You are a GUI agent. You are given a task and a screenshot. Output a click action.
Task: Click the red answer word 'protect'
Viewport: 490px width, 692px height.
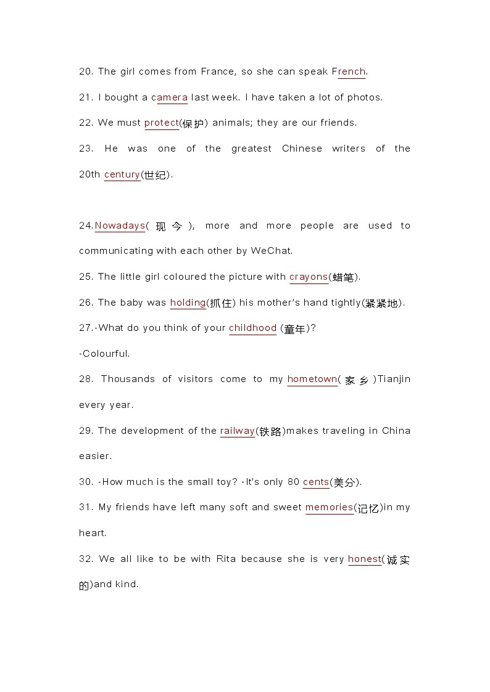(x=161, y=123)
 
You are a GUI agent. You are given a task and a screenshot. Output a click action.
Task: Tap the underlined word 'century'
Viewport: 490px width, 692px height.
(x=122, y=174)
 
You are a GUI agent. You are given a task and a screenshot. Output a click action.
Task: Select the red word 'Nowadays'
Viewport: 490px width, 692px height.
(x=120, y=226)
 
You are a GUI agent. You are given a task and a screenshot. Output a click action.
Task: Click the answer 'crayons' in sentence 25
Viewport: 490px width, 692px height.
(x=309, y=277)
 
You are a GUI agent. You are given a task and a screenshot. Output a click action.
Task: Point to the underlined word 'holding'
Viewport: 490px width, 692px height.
(x=188, y=303)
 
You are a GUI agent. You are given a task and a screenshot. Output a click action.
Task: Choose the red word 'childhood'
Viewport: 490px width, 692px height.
(x=252, y=328)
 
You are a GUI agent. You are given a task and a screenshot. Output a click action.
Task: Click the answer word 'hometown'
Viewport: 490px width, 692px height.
(x=312, y=379)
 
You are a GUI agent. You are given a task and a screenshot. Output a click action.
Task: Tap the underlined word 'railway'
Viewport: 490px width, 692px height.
(x=237, y=431)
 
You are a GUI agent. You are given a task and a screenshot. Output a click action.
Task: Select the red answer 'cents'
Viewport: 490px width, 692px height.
(x=316, y=482)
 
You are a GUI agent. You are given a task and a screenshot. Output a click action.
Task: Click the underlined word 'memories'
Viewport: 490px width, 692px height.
(x=329, y=507)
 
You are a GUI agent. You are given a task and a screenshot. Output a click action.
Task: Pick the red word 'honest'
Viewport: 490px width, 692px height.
(x=364, y=559)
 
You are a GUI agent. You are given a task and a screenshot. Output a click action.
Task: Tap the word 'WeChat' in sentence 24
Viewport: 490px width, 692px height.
(x=273, y=251)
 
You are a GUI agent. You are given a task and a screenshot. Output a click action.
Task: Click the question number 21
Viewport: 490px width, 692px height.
(x=86, y=97)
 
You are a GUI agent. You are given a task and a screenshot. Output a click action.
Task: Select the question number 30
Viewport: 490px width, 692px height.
(x=86, y=482)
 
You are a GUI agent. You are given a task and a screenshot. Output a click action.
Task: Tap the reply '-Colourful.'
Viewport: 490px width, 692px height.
(x=104, y=354)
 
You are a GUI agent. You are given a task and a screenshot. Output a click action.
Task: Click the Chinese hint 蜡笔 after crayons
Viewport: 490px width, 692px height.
(x=343, y=277)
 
